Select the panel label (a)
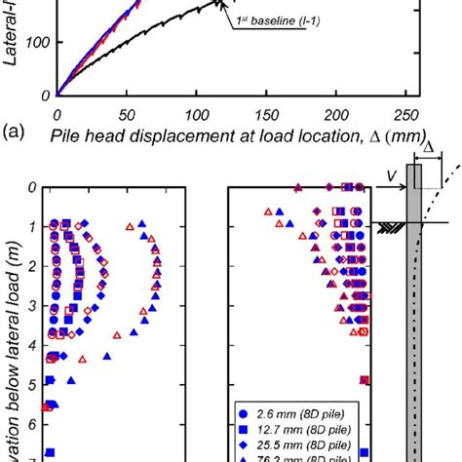pyautogui.click(x=17, y=131)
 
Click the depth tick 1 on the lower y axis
pyautogui.click(x=31, y=227)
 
